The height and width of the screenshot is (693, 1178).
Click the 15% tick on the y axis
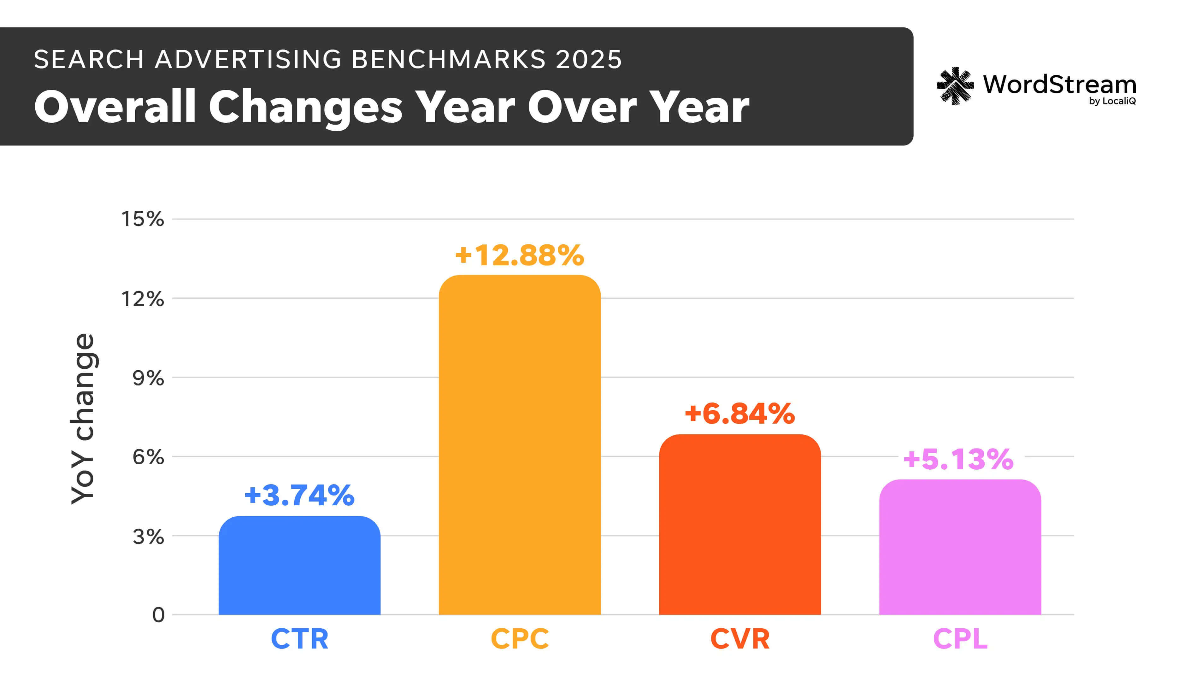point(143,219)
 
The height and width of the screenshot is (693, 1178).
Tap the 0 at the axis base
point(158,615)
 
